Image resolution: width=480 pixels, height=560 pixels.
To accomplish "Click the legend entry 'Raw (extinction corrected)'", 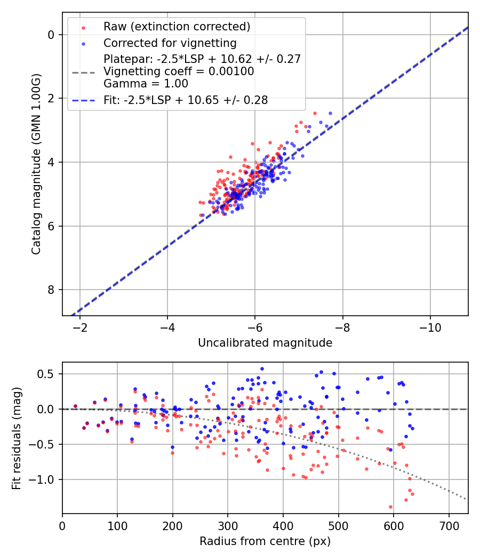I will coord(177,27).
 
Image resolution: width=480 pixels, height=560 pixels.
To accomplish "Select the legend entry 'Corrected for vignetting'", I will coord(170,43).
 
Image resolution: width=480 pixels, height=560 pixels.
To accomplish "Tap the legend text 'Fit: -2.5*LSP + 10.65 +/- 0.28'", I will coord(185,100).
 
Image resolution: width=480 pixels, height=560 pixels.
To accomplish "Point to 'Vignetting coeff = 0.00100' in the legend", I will coord(179,71).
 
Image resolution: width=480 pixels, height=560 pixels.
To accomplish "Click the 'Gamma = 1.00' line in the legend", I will coord(146,83).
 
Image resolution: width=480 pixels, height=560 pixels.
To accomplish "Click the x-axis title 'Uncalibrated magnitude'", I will coord(265,343).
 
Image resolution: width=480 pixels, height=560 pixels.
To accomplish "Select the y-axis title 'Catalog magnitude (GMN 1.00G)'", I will coord(36,164).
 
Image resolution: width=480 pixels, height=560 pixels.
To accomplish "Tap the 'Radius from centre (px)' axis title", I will coord(265,541).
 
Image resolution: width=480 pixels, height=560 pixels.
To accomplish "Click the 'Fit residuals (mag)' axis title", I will coord(17,438).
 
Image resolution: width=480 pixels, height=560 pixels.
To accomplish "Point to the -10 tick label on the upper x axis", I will coord(430,327).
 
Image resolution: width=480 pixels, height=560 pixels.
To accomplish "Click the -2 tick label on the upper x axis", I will coord(80,327).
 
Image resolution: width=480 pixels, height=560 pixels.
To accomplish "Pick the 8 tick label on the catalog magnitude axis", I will coord(52,290).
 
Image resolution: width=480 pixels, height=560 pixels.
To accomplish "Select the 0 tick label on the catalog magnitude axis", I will coord(52,35).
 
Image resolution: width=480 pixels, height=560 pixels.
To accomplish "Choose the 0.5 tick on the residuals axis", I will coord(48,374).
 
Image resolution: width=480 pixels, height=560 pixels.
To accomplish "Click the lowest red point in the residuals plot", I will coord(390,507).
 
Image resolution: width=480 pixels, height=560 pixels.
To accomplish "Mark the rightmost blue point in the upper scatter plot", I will coord(330,113).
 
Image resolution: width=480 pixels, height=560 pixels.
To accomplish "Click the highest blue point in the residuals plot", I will coord(262,369).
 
